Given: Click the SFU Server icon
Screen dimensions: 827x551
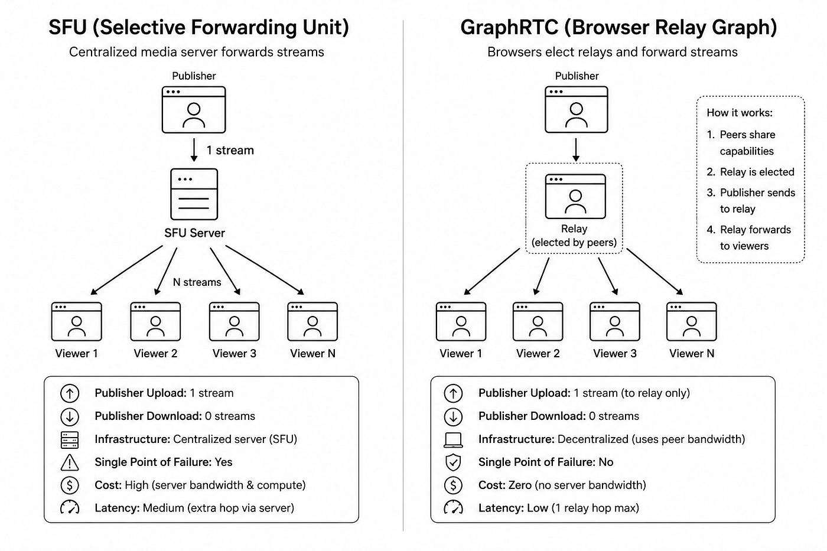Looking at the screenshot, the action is pos(194,194).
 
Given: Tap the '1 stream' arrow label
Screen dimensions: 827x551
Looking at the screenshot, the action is pos(230,150).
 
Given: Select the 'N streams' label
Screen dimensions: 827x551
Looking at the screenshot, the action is pos(197,282).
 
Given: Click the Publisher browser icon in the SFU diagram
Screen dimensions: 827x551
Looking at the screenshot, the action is pos(194,110).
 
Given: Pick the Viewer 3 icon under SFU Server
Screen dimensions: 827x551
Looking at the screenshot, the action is pos(234,321).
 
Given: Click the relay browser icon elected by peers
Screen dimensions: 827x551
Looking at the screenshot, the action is pos(575,196).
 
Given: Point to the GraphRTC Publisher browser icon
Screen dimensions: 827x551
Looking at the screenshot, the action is pos(577,109).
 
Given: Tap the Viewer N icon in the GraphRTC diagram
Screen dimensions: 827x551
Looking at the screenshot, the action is pos(692,321).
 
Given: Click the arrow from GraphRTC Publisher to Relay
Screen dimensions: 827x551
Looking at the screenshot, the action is pos(576,150).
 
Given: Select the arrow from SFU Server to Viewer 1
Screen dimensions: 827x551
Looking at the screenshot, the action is pos(126,270).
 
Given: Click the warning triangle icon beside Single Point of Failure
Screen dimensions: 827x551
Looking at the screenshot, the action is pos(70,462).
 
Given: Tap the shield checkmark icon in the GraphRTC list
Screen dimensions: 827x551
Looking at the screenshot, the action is pos(453,462).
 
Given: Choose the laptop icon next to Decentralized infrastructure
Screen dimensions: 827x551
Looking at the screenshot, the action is pos(453,439).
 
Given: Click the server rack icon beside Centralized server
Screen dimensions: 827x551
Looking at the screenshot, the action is pos(70,439).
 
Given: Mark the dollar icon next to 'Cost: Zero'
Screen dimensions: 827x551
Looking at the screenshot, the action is pos(453,485).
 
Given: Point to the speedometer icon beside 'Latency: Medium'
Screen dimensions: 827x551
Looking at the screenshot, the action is pos(70,507).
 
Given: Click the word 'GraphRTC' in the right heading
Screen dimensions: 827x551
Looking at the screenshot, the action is pos(509,28).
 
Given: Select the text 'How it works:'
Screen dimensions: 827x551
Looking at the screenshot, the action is pos(740,113).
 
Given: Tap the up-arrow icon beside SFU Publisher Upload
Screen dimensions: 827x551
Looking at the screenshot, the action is pos(70,393).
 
